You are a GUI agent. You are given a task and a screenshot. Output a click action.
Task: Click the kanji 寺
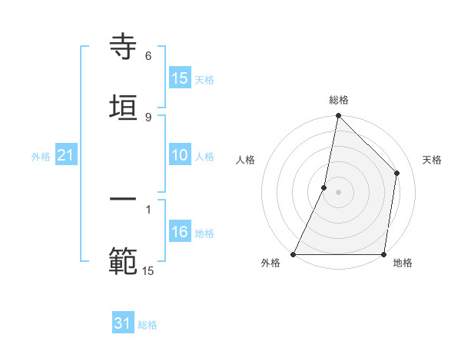pos(123,48)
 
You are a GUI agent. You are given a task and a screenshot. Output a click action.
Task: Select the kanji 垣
pos(123,107)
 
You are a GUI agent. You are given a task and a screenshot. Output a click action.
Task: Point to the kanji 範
pos(123,260)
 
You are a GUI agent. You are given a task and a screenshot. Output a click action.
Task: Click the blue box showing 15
pos(179,78)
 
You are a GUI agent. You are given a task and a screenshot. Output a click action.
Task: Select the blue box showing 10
pos(179,155)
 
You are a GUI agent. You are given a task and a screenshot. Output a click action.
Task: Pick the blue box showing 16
pos(179,232)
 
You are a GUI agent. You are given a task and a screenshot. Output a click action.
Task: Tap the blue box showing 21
pos(66,155)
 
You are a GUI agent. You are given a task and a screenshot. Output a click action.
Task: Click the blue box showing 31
pos(123,323)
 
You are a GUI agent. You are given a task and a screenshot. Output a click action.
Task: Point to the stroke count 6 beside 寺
pos(148,56)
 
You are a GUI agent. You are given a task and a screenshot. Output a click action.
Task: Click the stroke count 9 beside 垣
pos(148,117)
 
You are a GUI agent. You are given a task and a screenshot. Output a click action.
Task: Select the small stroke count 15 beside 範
pos(148,270)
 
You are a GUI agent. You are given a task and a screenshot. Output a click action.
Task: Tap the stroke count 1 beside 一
pos(148,209)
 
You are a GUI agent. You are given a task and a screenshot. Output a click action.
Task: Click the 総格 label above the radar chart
pos(338,100)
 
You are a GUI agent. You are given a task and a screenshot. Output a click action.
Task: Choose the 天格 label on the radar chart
pos(432,160)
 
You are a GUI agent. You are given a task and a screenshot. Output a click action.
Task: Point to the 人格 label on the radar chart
pos(245,160)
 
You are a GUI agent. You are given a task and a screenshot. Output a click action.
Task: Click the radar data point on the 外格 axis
pos(294,254)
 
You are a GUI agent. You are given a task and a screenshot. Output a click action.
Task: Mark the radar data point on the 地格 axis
pos(383,254)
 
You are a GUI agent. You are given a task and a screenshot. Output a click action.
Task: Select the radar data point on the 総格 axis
pos(338,116)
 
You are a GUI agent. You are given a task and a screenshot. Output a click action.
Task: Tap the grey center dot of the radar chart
pos(338,192)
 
